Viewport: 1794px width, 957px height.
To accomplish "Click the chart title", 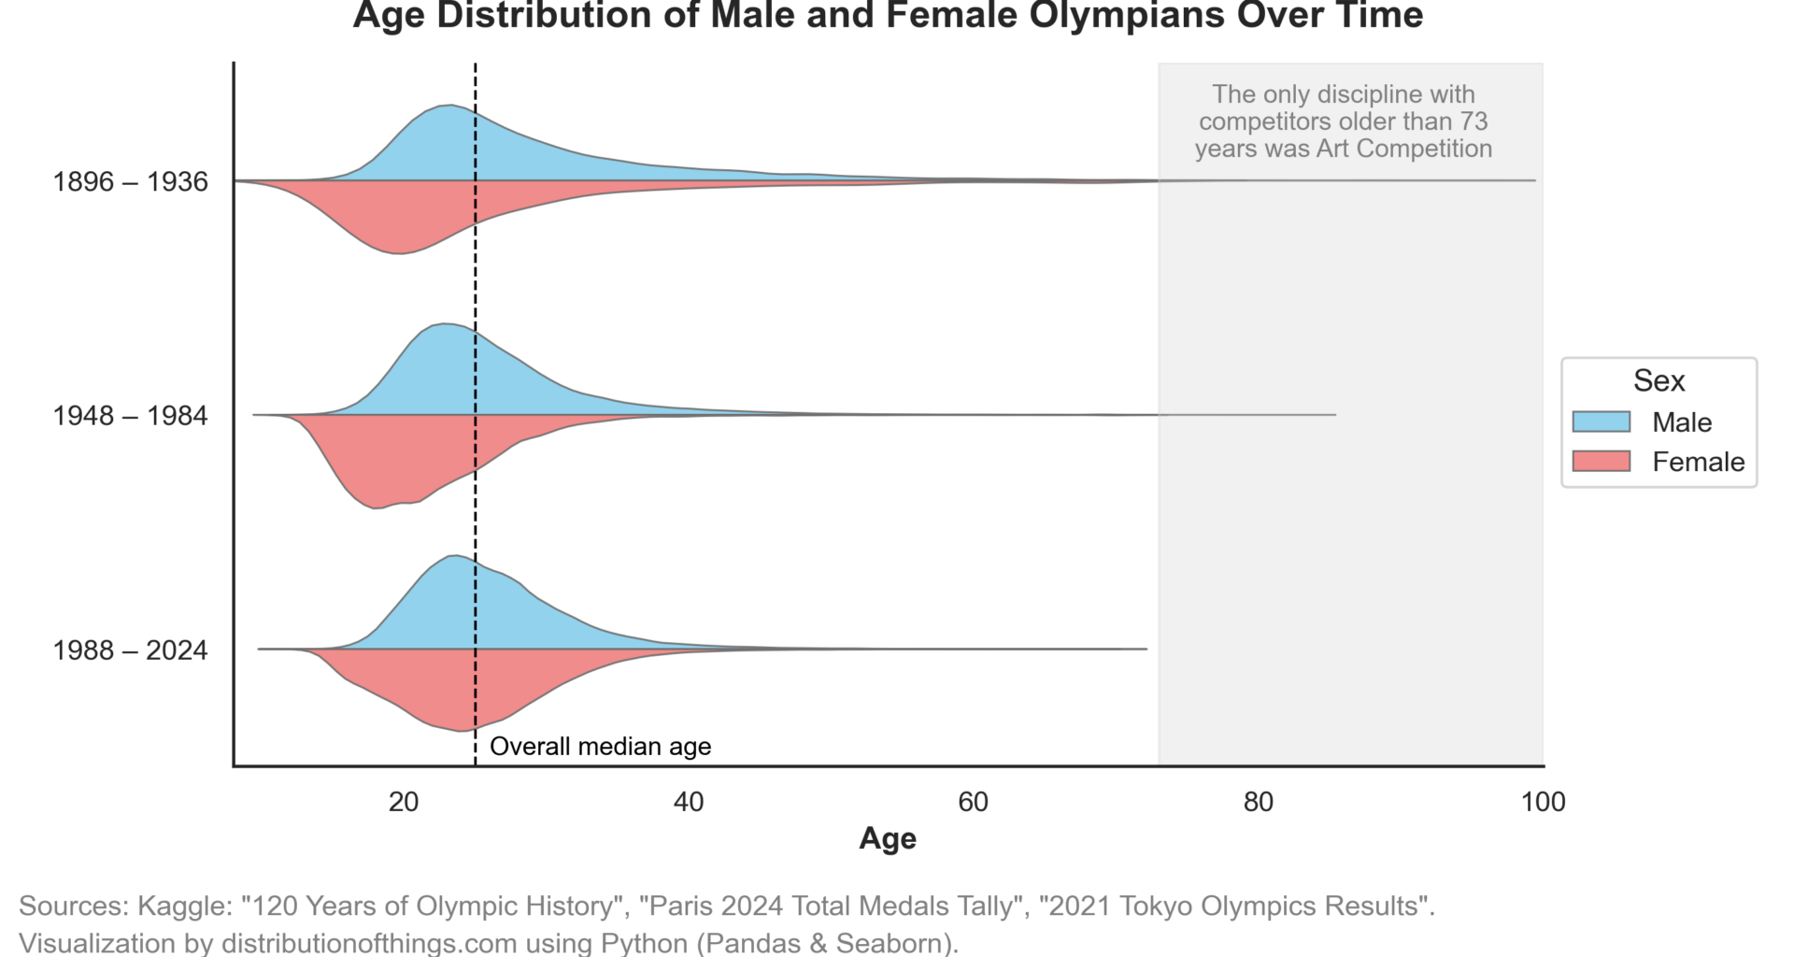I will tap(888, 16).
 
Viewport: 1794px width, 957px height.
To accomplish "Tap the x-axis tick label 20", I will tap(404, 802).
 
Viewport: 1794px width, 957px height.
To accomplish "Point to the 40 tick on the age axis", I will tap(689, 802).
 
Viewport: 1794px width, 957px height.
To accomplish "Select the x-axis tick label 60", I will tap(974, 802).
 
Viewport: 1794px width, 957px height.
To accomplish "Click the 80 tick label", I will tap(1259, 802).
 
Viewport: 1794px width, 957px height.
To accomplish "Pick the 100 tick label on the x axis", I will tap(1543, 802).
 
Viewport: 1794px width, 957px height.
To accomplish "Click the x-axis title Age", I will tap(888, 838).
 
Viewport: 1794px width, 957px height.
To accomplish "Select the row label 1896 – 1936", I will tap(130, 181).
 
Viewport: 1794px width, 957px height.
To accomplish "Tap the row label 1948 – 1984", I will tap(130, 416).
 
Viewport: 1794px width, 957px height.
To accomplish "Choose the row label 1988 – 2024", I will tap(130, 650).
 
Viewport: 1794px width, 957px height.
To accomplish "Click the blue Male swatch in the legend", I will tap(1601, 421).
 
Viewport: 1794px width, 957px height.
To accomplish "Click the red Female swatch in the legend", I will tap(1601, 461).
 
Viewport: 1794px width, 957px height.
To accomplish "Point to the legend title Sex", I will tap(1659, 381).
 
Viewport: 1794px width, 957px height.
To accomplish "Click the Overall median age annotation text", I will tap(600, 747).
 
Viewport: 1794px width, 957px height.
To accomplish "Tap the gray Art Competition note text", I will tap(1343, 121).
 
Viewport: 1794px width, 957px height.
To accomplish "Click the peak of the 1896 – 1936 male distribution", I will tap(449, 107).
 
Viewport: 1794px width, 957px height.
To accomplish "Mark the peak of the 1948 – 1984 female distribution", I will tap(375, 507).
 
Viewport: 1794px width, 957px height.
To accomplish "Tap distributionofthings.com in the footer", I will tap(369, 942).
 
